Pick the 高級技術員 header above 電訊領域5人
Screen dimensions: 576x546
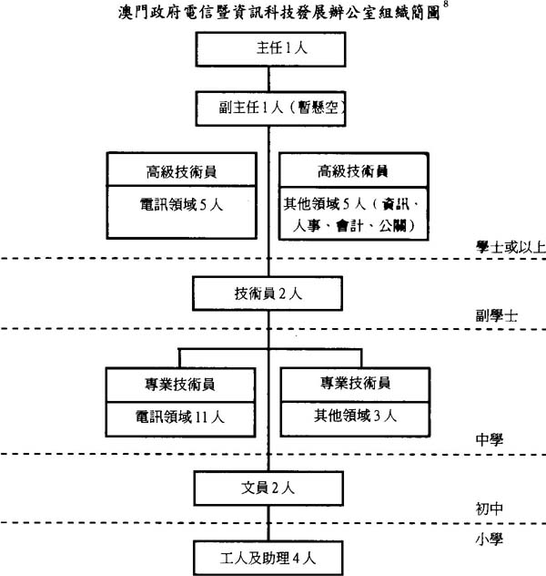pos(181,170)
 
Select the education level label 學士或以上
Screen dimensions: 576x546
pos(509,246)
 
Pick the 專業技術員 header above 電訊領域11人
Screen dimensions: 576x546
pos(181,383)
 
